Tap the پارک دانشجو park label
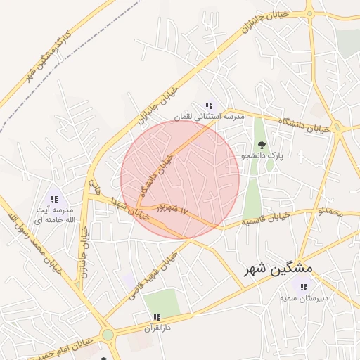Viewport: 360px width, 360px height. (x=262, y=156)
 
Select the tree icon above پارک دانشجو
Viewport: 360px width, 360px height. (x=262, y=146)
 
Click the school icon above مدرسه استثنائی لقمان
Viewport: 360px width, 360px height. (x=209, y=105)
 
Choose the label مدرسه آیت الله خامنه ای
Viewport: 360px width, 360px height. (x=55, y=216)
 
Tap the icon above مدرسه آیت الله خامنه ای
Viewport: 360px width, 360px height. (x=56, y=200)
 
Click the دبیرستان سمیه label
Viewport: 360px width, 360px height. (x=303, y=298)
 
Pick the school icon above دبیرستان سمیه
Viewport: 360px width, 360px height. (x=304, y=287)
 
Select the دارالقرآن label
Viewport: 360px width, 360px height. (x=157, y=328)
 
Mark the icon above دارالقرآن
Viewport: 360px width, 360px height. (x=157, y=317)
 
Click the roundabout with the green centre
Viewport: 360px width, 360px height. (x=107, y=335)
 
